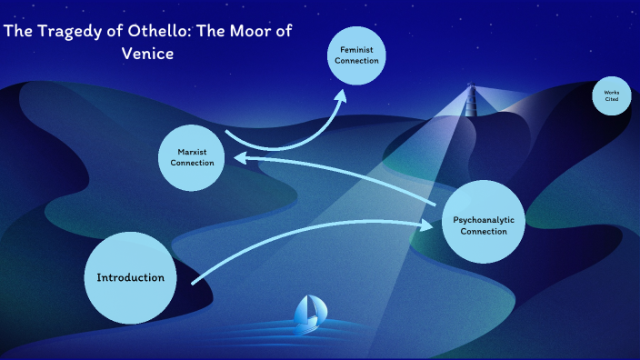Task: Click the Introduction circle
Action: [131, 277]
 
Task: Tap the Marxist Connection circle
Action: [190, 156]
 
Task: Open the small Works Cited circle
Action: [611, 96]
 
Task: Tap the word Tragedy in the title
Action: [61, 32]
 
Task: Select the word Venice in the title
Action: [147, 53]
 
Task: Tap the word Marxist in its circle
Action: [191, 151]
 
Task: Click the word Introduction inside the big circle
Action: [131, 277]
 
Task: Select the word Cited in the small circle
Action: [612, 99]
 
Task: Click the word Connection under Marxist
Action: [191, 163]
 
